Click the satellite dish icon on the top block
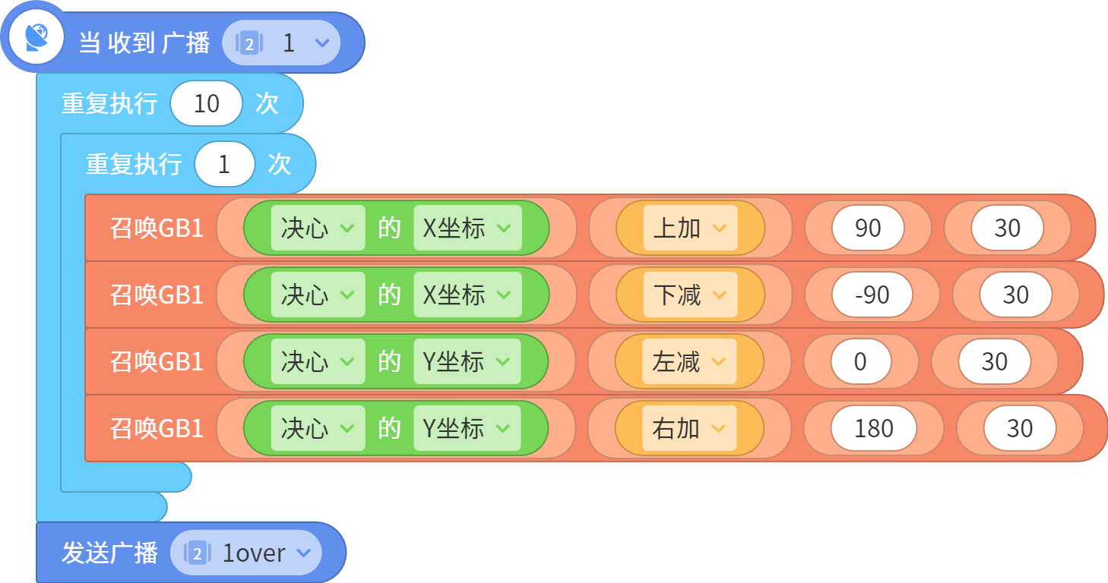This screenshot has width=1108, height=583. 36,37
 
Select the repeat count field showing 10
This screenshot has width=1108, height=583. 206,104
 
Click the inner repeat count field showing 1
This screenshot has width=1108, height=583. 225,164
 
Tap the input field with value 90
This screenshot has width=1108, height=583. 868,228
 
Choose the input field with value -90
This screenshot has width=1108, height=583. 872,295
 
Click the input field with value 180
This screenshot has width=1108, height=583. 873,428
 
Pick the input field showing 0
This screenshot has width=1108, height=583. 861,361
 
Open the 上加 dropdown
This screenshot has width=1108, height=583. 690,228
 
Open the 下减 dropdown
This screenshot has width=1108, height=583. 690,295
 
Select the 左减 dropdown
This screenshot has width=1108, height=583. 689,361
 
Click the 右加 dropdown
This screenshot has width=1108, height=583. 689,428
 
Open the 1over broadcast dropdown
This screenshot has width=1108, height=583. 246,553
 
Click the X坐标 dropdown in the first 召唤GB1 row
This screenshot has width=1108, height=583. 467,228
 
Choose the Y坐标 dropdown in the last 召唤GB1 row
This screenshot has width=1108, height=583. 467,428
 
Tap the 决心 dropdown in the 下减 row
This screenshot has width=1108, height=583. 318,295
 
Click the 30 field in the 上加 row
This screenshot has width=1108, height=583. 1008,228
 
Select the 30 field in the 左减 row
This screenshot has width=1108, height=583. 995,361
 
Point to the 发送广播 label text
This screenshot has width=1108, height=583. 109,553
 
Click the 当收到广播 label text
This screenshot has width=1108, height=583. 144,43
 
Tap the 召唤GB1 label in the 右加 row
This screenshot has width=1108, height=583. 157,428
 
